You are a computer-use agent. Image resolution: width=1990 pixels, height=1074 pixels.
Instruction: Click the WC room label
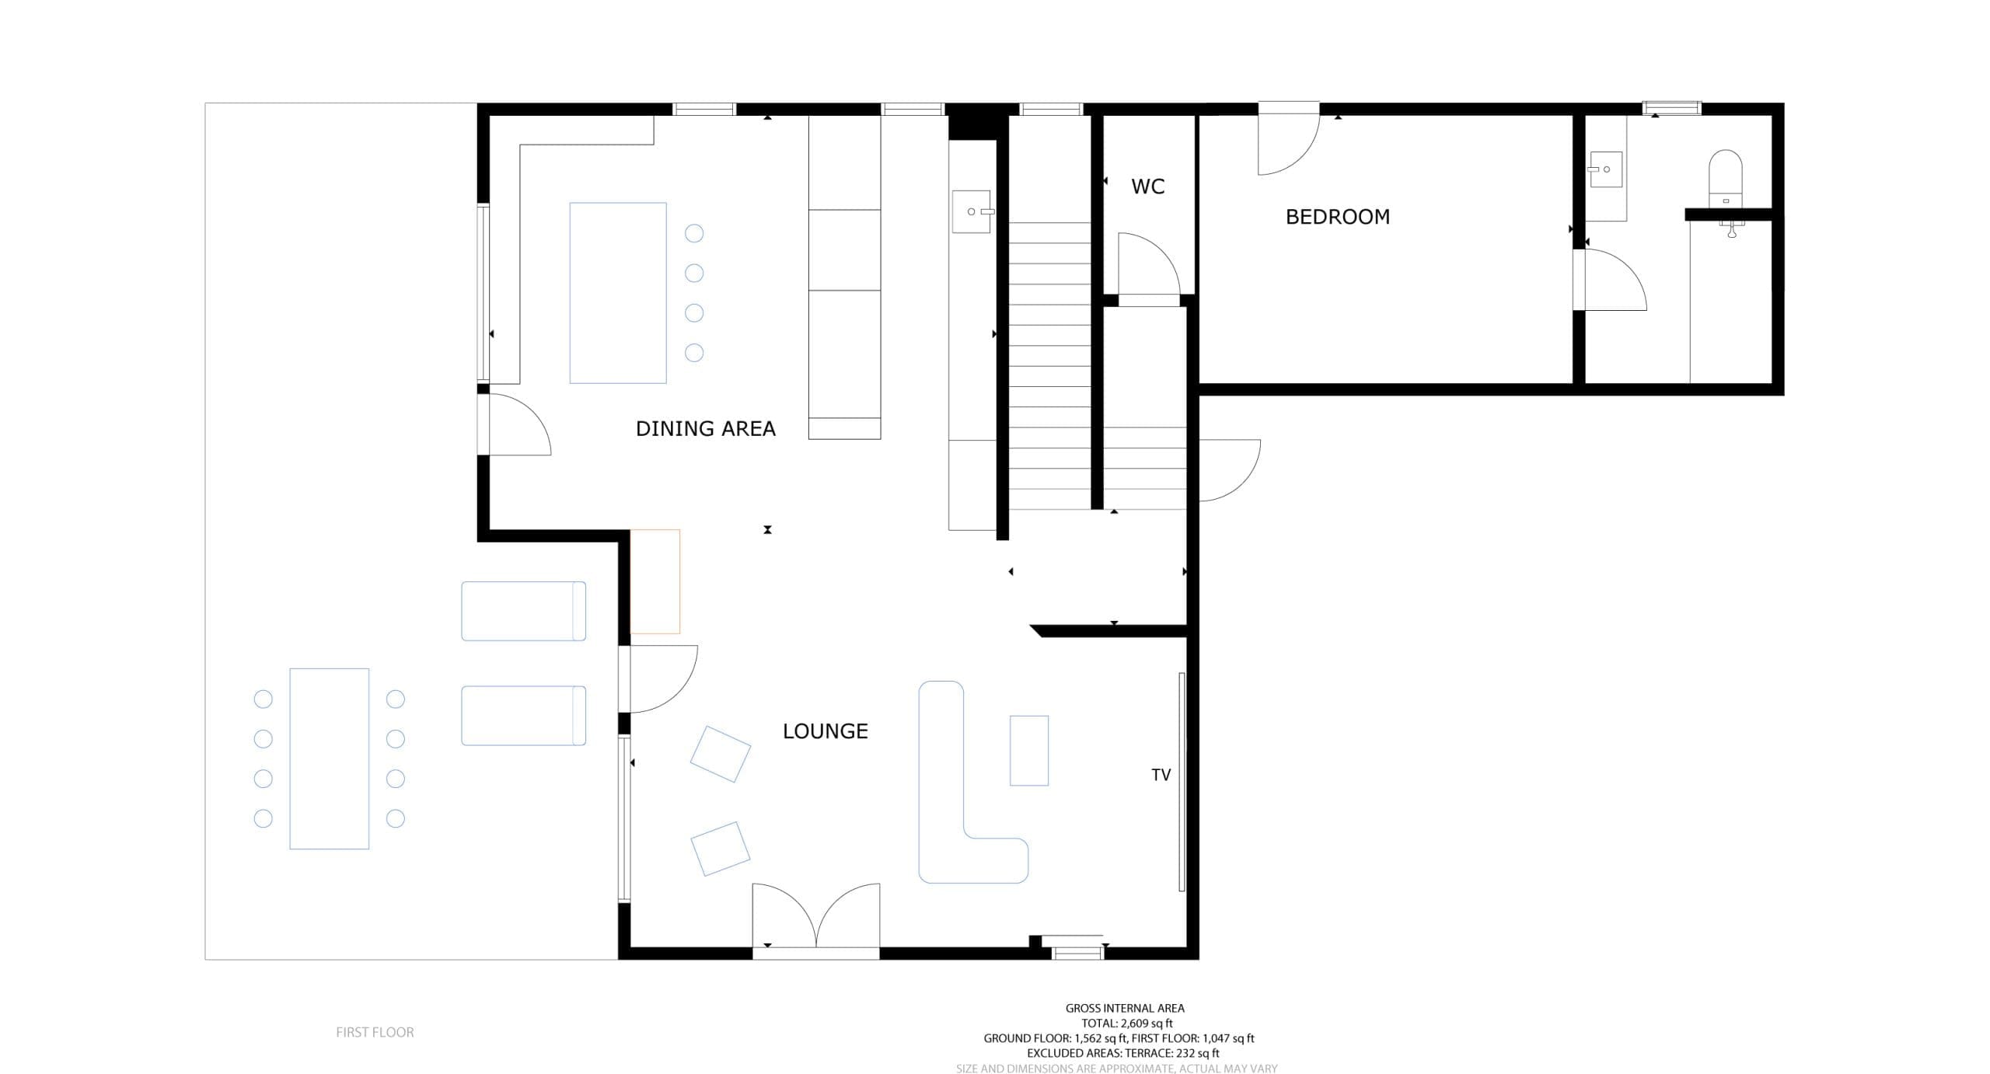1147,187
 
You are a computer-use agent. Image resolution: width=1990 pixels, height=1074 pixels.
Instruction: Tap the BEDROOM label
1337,217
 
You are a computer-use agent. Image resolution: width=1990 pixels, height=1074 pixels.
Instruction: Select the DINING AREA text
705,429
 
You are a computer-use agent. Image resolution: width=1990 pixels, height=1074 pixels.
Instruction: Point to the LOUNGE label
825,731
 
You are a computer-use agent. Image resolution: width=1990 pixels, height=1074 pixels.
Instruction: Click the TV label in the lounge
1161,775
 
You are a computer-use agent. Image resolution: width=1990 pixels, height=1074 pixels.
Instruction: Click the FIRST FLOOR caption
375,1032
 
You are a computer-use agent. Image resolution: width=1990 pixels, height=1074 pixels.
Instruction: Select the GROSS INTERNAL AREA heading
1125,1008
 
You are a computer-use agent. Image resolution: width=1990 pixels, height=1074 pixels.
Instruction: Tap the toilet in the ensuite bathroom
1725,178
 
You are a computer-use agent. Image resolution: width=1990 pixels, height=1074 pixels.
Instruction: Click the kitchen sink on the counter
972,211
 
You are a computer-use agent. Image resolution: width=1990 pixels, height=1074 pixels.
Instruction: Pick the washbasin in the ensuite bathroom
1605,169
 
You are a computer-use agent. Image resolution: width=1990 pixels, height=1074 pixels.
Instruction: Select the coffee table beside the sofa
1029,751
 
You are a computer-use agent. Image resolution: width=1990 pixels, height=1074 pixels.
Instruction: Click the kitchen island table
618,293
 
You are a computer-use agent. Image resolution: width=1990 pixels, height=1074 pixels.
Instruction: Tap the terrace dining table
330,758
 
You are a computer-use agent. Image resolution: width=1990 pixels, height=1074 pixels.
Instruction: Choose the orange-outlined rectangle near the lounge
655,581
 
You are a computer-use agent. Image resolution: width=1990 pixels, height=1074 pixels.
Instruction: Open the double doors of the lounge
816,917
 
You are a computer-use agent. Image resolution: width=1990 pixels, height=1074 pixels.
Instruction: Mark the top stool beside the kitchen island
694,233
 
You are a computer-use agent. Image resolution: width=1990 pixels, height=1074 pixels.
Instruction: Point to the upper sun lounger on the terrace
523,611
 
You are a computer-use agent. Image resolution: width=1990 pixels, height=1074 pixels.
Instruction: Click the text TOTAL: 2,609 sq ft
1126,1023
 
